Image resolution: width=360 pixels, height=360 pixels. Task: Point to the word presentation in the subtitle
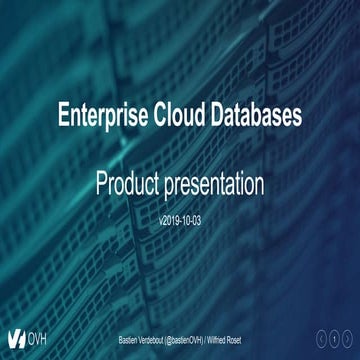tap(218, 186)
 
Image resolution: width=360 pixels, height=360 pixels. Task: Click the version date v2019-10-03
tap(180, 218)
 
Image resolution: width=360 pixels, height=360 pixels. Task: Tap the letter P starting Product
tap(102, 184)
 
